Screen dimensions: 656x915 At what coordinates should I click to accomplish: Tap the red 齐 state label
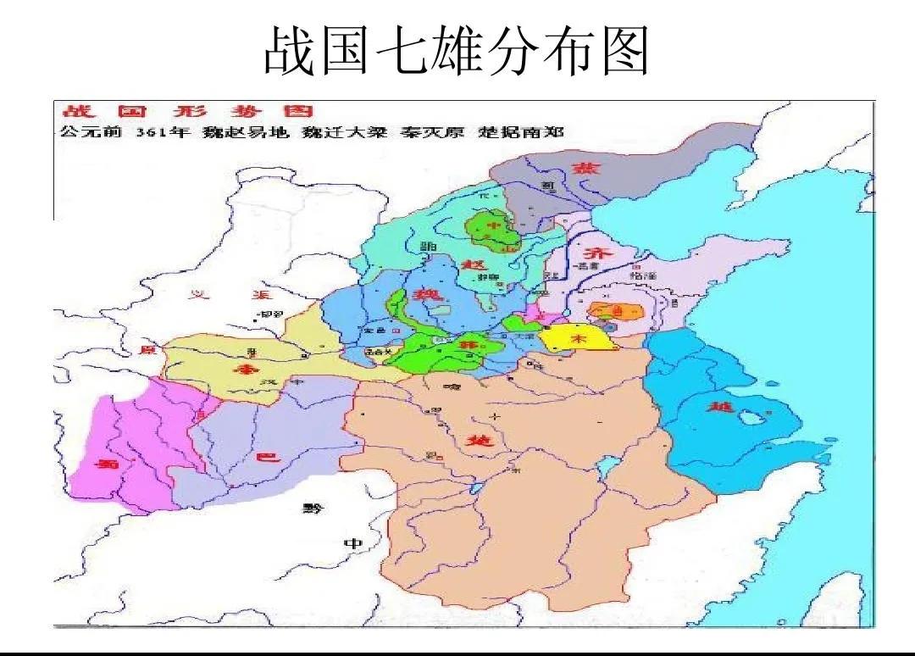pyautogui.click(x=592, y=253)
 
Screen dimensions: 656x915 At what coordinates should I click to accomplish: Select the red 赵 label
pyautogui.click(x=472, y=264)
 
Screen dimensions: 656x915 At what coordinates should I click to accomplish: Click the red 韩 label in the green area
pyautogui.click(x=463, y=346)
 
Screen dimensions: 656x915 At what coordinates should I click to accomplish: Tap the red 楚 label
pyautogui.click(x=477, y=441)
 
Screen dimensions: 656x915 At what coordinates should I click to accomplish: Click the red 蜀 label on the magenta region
pyautogui.click(x=107, y=464)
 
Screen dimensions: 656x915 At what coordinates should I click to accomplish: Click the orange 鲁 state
pyautogui.click(x=616, y=311)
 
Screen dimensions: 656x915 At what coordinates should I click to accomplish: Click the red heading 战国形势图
pyautogui.click(x=185, y=111)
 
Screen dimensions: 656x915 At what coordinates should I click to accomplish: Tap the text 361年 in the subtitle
pyautogui.click(x=164, y=132)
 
